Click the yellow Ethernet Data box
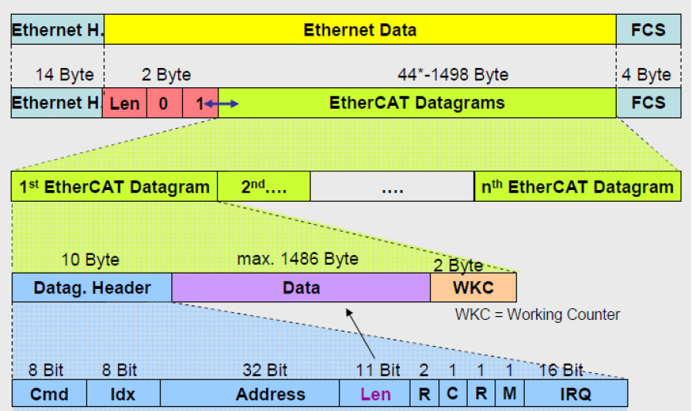pyautogui.click(x=360, y=30)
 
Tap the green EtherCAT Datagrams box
pyautogui.click(x=417, y=103)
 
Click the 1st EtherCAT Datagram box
pyautogui.click(x=114, y=187)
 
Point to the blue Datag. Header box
pyautogui.click(x=92, y=288)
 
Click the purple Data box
pyautogui.click(x=301, y=288)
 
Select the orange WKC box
pyautogui.click(x=473, y=288)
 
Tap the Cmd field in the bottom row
pyautogui.click(x=49, y=393)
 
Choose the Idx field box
pyautogui.click(x=123, y=393)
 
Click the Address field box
pyautogui.click(x=250, y=393)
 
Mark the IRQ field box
pyautogui.click(x=576, y=393)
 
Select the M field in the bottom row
pyautogui.click(x=509, y=393)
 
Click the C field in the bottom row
pyautogui.click(x=452, y=393)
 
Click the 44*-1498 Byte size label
pyautogui.click(x=453, y=75)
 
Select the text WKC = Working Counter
pyautogui.click(x=537, y=314)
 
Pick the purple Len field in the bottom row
pyautogui.click(x=376, y=393)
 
